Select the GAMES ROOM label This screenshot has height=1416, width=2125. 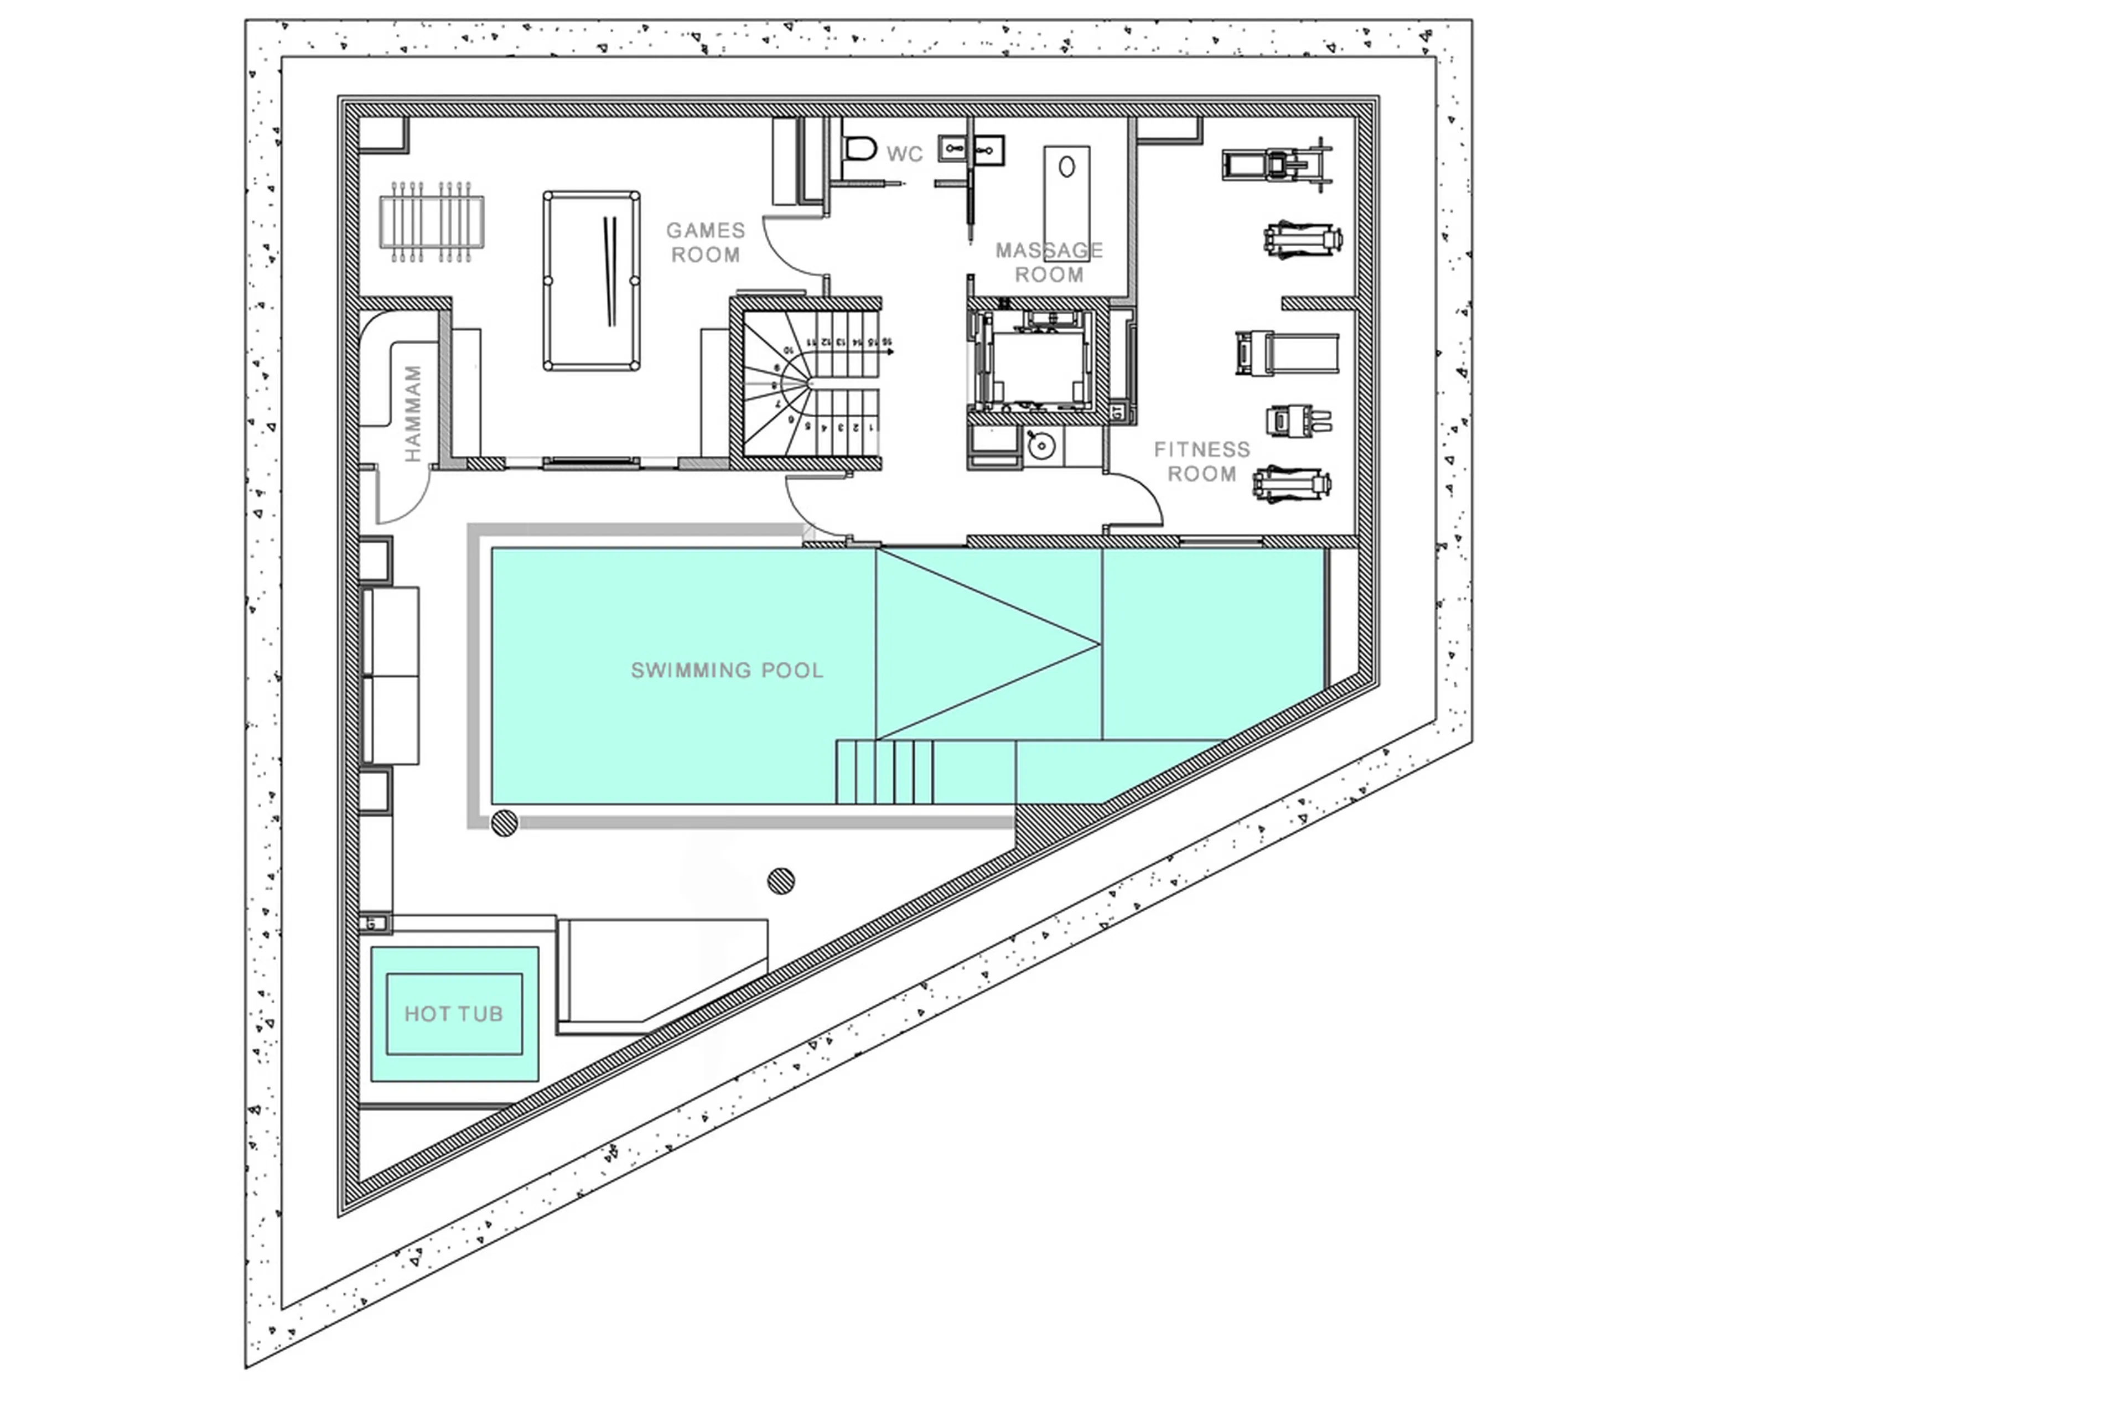pos(706,242)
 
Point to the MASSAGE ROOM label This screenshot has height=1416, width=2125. pos(1049,262)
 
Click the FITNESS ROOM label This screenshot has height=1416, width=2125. pos(1201,461)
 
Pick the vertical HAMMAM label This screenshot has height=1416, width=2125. pos(413,413)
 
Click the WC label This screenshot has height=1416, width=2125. pos(904,154)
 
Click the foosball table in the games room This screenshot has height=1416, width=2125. pos(432,221)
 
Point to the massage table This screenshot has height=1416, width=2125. pos(1066,203)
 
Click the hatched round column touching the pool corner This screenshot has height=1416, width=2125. pos(504,823)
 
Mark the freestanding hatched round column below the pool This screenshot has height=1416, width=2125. pos(781,880)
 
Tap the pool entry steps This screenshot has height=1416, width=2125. pos(885,771)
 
